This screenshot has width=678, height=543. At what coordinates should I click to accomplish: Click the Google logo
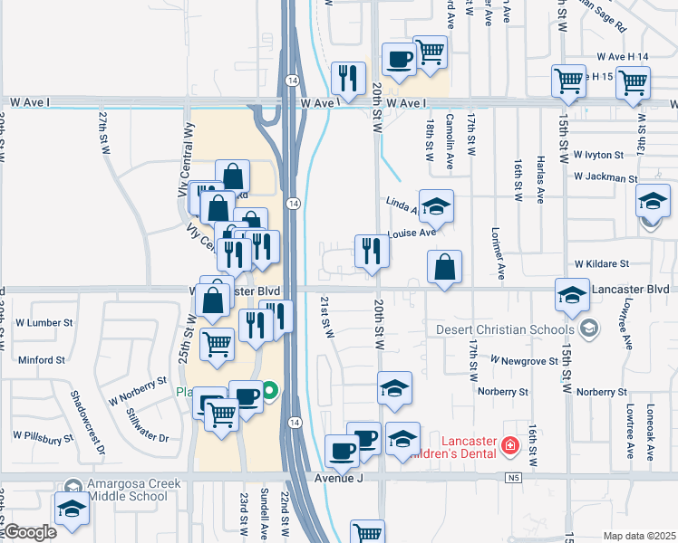point(29,532)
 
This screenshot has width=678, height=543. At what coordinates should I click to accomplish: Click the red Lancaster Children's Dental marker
point(509,445)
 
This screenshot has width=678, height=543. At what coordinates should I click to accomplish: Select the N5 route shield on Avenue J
point(515,477)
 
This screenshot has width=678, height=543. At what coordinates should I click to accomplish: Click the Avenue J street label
point(338,478)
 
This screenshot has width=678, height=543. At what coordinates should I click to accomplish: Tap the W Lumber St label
point(43,322)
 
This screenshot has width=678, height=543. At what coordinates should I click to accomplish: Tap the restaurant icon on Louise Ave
point(371,251)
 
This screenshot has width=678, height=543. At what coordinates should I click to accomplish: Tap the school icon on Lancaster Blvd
point(572,296)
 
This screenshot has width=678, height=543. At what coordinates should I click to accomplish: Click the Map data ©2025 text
point(639,536)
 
